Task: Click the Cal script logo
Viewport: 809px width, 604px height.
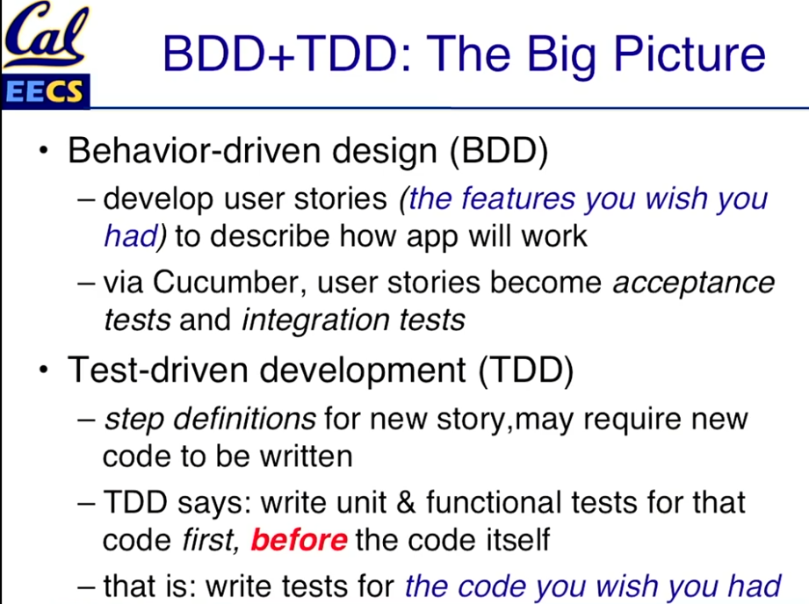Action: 46,36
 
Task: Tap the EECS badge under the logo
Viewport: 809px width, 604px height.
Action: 46,91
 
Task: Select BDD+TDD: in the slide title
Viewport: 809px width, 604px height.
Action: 287,54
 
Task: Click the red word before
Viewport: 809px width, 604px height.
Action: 299,540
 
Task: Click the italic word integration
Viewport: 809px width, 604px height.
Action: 315,320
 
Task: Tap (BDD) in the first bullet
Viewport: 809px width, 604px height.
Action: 499,151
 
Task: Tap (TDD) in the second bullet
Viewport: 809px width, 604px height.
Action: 526,370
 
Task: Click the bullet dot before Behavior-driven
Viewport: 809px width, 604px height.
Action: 44,151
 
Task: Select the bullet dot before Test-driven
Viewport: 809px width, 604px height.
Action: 44,370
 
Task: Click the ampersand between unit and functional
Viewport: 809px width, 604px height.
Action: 406,502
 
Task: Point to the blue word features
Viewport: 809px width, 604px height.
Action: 518,198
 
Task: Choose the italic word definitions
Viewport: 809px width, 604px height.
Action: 244,418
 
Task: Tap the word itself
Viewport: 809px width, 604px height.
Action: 517,540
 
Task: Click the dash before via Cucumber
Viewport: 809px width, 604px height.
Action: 86,284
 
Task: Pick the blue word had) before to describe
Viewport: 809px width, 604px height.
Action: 135,237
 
